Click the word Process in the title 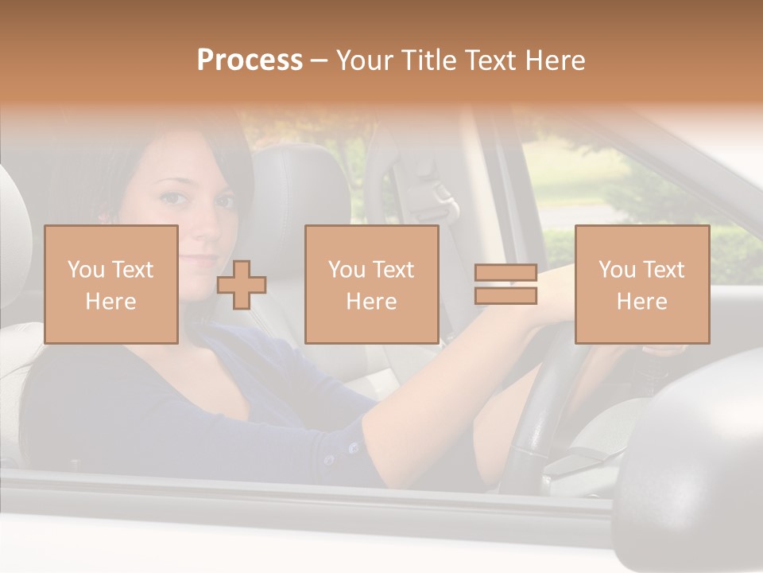pos(250,60)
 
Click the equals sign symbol pos(505,284)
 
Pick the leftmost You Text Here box pos(110,284)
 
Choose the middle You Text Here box pos(371,284)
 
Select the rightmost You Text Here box pos(641,284)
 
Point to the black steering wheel pos(540,398)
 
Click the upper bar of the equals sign pos(505,273)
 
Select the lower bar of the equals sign pos(505,295)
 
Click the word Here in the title pos(556,60)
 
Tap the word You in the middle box pos(347,270)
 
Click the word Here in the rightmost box pos(641,301)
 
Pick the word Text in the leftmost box pos(132,270)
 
